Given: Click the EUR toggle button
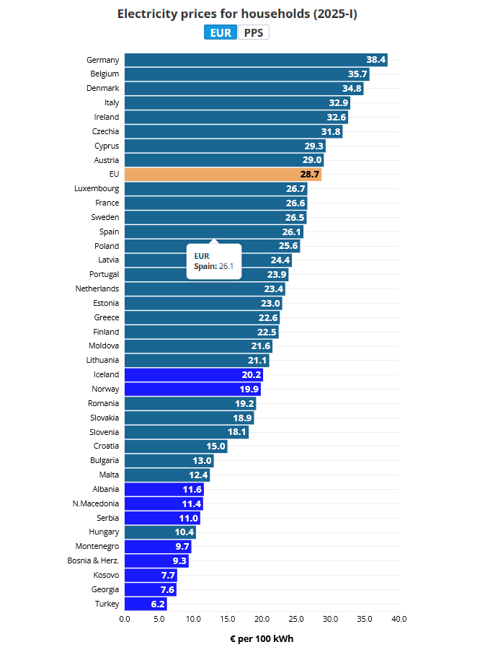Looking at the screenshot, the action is [221, 32].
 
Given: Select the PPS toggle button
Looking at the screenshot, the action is [254, 32].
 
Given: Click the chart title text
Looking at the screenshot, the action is [237, 14].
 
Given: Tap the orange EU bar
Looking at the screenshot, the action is [223, 174].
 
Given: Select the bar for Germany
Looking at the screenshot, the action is [256, 60].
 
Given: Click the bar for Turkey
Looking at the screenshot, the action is [146, 604].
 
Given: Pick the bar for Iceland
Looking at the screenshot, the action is [194, 374].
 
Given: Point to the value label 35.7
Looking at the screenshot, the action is [357, 74].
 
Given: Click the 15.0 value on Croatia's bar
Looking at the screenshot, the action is [215, 446].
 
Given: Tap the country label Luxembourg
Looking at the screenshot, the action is [97, 188].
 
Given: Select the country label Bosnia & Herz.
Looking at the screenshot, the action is [93, 560].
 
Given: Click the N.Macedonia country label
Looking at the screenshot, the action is [96, 503].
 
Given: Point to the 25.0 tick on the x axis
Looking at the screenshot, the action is [296, 619].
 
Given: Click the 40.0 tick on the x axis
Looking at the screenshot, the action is [399, 619].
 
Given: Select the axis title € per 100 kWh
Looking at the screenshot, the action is [262, 639].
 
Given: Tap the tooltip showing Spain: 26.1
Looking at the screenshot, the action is [214, 262].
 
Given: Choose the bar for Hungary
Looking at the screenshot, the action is [160, 532].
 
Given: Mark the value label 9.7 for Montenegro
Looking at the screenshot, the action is [182, 547].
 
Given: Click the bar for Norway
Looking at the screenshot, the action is [192, 389].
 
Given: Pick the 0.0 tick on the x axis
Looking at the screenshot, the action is [125, 619].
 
